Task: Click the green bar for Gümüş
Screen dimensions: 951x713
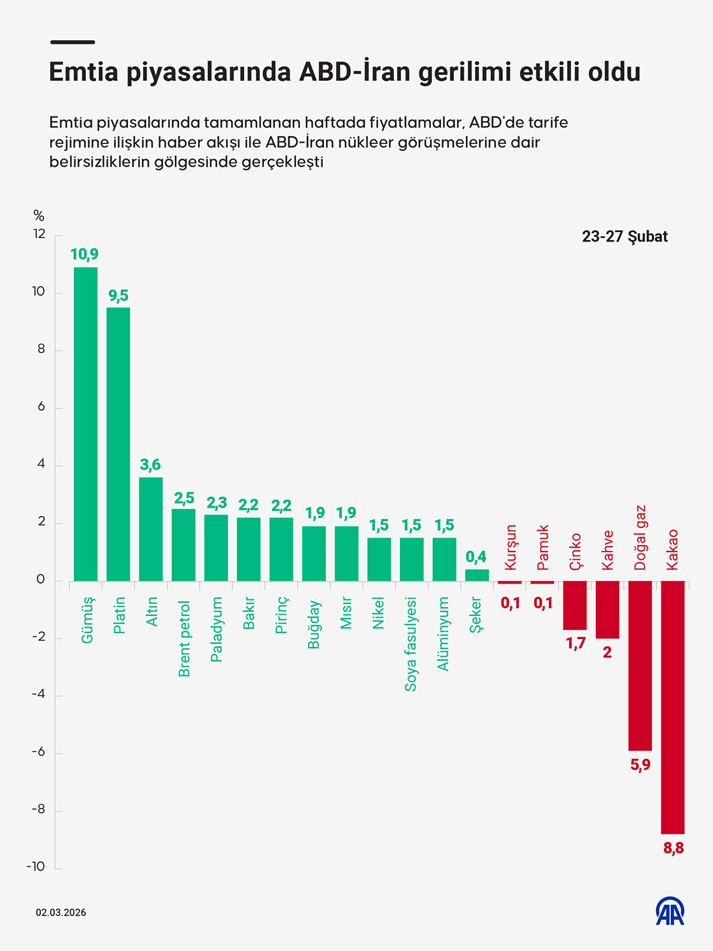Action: (x=86, y=424)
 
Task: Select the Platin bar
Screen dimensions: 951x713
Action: (x=118, y=444)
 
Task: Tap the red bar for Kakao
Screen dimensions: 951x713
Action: (x=673, y=707)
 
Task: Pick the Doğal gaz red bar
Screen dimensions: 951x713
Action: (x=640, y=666)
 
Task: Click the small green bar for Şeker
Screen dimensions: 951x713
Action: (x=477, y=575)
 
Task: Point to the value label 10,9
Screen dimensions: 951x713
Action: (x=84, y=255)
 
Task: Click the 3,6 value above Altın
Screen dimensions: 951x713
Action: (x=150, y=465)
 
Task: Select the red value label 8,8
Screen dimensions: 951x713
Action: (x=673, y=848)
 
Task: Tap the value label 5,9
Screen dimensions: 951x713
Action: (x=640, y=765)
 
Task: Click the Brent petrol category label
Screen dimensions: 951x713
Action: (x=184, y=638)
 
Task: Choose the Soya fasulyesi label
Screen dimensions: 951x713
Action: (x=411, y=644)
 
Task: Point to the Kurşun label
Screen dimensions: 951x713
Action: (x=511, y=547)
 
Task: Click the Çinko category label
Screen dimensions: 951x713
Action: (x=575, y=552)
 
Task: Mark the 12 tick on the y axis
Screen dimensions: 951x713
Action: (x=39, y=234)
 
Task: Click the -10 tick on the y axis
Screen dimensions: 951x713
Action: (x=36, y=866)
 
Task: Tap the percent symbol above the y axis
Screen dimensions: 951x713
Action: (x=39, y=216)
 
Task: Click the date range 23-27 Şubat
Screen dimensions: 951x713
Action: (x=625, y=237)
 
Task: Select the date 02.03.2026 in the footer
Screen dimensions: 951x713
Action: (x=60, y=913)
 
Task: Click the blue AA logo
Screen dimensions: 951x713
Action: (x=670, y=912)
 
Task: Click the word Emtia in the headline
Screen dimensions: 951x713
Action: (x=83, y=72)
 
